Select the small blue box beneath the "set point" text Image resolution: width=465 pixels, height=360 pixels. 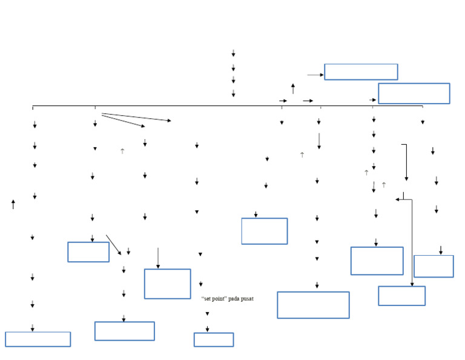coord(214,339)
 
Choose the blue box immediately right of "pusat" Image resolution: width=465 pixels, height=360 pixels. coord(313,305)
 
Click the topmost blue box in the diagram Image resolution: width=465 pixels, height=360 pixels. coord(361,72)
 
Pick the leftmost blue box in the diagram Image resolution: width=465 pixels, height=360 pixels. coord(38,339)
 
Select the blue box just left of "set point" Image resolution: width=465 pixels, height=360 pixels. coord(167,284)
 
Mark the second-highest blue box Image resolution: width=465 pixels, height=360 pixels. coord(414,93)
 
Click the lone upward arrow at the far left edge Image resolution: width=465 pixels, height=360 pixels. coord(13,204)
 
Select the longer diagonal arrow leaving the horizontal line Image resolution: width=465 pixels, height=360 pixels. coord(136,117)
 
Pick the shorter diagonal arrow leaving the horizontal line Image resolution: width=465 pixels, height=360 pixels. coord(124,121)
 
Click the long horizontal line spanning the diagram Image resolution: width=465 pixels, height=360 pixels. coord(182,106)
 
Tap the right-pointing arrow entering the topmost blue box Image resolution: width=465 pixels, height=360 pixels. coord(315,75)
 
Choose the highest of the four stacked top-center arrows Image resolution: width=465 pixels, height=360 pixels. coord(233,53)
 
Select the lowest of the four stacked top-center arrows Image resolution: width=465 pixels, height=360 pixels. coord(233,93)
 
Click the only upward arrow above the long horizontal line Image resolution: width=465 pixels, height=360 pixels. coord(293,88)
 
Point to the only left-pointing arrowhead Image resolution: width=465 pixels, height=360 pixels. coord(398,199)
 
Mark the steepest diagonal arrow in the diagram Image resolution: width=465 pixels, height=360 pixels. coord(114,245)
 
